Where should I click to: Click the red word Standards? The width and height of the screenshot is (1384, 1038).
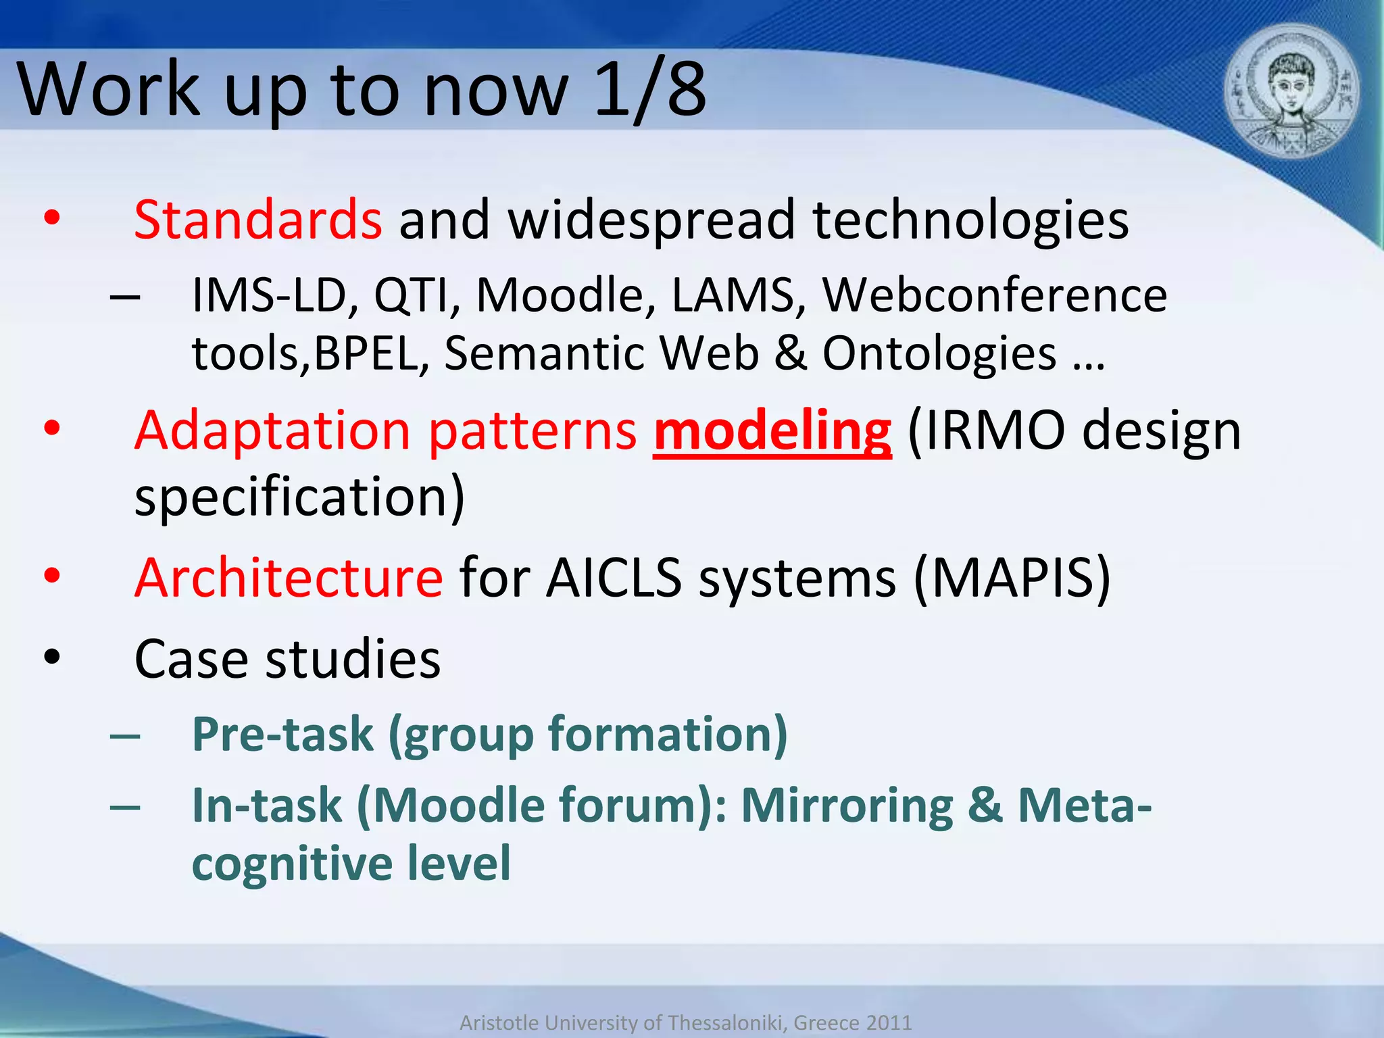257,220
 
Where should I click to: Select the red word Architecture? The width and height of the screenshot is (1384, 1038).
289,578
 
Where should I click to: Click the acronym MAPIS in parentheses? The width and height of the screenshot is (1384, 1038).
1012,578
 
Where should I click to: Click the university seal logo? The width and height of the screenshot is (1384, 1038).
1291,91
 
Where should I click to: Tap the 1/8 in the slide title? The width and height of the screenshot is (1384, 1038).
650,89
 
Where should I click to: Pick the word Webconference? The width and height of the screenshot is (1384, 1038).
994,296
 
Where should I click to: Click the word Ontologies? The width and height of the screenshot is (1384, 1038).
939,354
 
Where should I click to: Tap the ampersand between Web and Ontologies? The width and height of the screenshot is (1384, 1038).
791,354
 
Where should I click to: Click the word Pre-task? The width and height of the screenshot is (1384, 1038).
282,735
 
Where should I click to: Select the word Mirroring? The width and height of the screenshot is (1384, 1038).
847,806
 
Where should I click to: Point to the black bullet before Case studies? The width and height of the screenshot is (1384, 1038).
52,658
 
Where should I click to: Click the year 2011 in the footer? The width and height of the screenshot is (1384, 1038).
889,1022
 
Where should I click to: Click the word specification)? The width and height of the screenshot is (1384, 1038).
299,497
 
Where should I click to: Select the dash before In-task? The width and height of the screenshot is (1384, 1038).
125,806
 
